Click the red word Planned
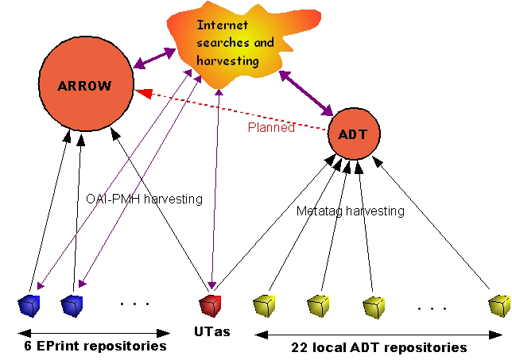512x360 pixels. [x=271, y=127]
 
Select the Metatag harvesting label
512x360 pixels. [x=351, y=211]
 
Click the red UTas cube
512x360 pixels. [x=210, y=304]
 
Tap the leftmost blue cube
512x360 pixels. [x=29, y=304]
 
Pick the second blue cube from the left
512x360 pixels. [x=72, y=304]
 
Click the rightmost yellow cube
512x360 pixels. [x=498, y=305]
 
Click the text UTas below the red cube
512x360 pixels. [x=211, y=331]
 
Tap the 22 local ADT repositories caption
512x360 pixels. [x=381, y=347]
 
